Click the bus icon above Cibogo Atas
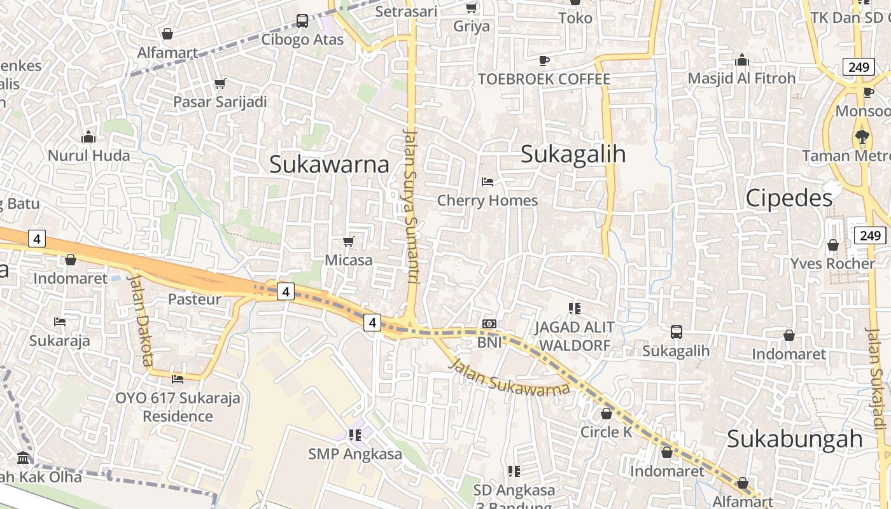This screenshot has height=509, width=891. tap(302, 21)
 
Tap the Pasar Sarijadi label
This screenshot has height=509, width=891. tap(220, 102)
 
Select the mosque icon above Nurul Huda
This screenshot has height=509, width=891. tap(88, 137)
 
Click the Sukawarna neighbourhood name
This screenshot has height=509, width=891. tap(329, 164)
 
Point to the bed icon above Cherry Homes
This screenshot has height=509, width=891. tap(488, 182)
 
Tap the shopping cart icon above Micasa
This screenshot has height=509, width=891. tap(348, 241)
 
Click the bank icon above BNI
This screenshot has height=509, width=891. tap(489, 324)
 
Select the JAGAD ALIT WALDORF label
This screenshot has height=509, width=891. tap(574, 337)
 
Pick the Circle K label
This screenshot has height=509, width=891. tap(606, 432)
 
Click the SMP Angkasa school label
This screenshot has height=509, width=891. tap(355, 454)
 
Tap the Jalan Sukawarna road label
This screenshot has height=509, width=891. tap(509, 378)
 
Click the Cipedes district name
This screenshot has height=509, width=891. tap(789, 199)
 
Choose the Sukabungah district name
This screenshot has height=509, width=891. tap(794, 439)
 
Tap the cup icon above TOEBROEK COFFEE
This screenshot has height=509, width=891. tap(544, 60)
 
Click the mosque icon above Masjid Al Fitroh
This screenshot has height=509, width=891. tap(742, 60)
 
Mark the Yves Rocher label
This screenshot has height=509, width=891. tap(832, 263)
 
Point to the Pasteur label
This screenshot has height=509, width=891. tap(195, 299)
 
